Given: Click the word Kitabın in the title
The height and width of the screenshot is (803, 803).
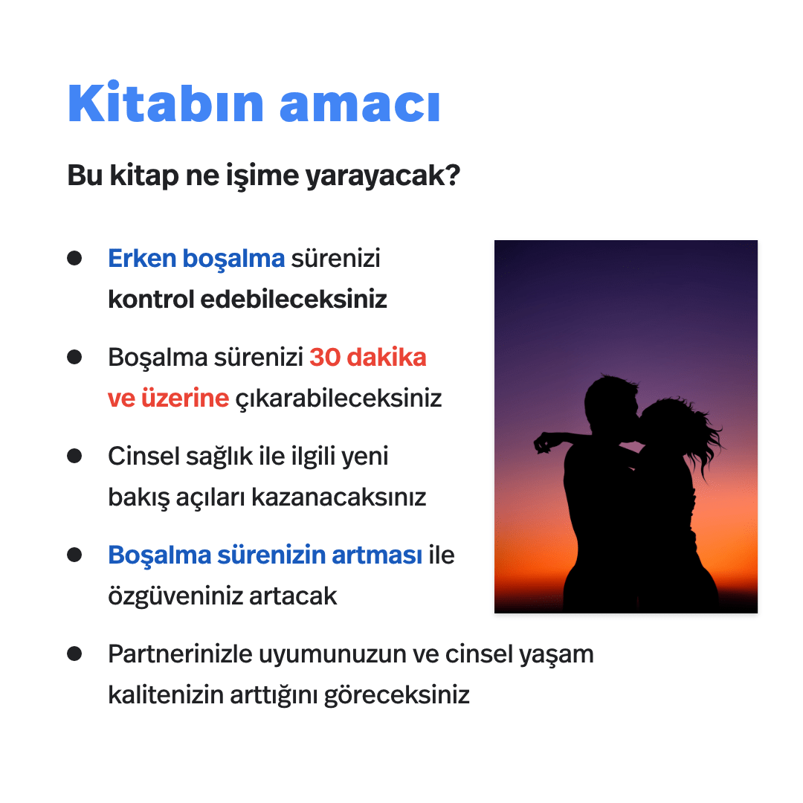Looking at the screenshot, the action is [166, 103].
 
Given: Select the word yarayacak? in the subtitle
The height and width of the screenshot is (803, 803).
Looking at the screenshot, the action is [383, 177].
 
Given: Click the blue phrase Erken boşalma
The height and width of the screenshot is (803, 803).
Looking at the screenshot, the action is [196, 259].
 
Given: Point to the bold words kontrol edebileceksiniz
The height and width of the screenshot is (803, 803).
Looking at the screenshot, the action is [248, 299].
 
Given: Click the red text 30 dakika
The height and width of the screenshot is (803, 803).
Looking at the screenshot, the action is [368, 358].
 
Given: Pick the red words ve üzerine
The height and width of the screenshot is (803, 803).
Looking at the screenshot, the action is [168, 399].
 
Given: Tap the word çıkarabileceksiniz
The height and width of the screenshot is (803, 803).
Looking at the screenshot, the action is [338, 399].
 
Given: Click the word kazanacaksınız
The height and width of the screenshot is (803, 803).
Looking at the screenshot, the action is [338, 497].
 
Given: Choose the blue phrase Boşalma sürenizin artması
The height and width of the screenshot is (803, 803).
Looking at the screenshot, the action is [265, 555].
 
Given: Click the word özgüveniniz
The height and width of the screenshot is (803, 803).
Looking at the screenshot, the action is [175, 596].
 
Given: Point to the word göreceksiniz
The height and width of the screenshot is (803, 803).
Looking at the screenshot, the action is [397, 696].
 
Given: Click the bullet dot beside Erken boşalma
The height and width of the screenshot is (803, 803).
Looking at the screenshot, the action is [74, 258].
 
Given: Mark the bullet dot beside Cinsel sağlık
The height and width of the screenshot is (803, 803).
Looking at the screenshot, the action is [74, 456].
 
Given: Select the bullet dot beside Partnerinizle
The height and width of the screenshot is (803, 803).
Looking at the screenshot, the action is [74, 654].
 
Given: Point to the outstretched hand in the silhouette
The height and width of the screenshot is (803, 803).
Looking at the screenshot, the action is [544, 442].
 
